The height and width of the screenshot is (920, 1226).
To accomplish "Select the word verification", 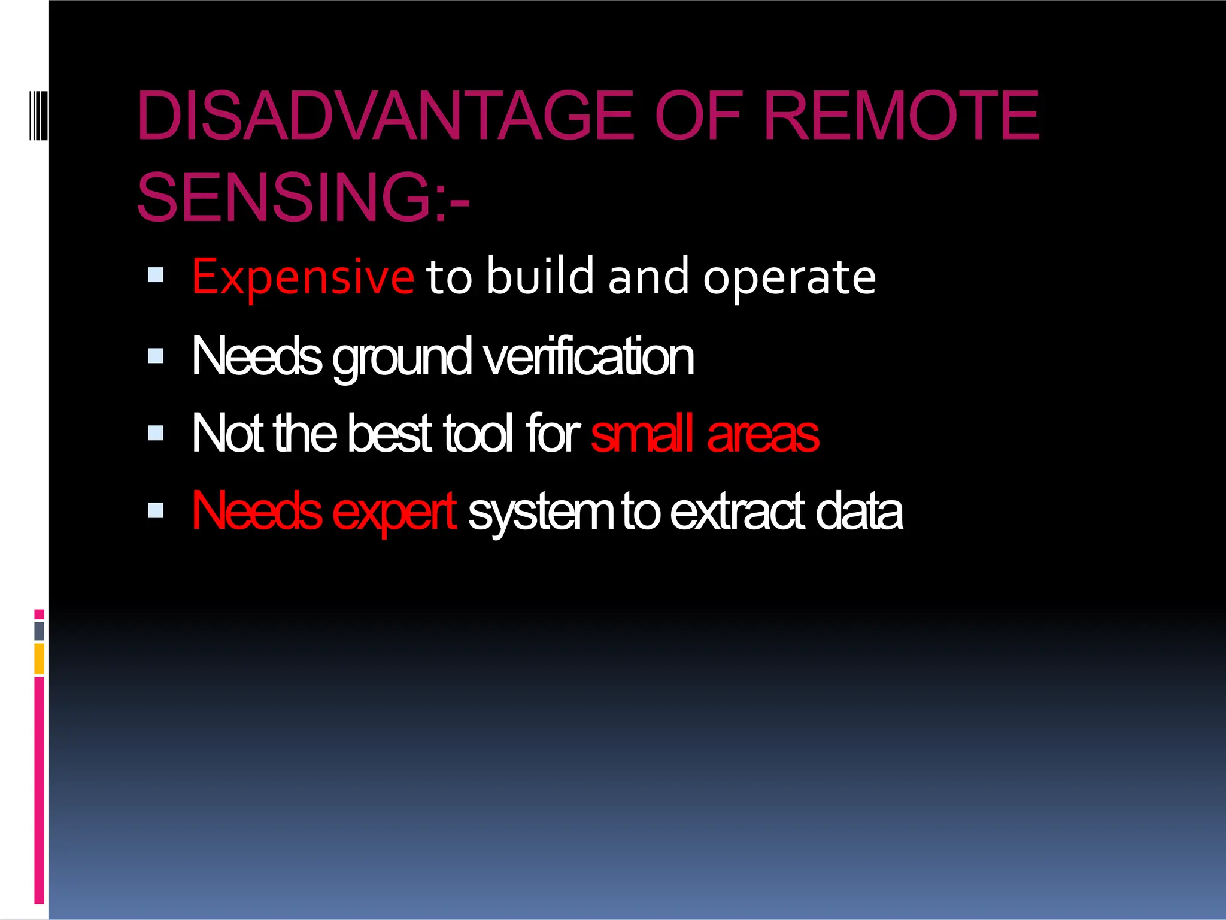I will (588, 357).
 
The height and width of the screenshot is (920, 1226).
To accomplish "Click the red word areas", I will (763, 435).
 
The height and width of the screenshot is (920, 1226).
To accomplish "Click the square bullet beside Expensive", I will (156, 275).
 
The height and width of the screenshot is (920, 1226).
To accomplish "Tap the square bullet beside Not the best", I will (156, 432).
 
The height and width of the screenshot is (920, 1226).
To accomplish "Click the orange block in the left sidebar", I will (39, 659).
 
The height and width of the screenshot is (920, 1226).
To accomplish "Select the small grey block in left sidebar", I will (39, 631).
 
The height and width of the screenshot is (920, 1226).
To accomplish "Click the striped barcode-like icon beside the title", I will (38, 115).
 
